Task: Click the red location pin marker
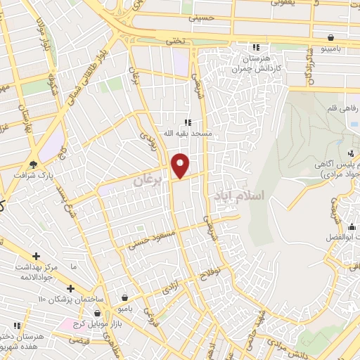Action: [x=181, y=165]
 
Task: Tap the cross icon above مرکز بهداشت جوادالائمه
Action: [x=36, y=255]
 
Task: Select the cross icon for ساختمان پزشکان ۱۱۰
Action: [x=70, y=288]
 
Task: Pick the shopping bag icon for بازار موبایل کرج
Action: [x=98, y=312]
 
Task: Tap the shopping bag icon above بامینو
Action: [x=330, y=37]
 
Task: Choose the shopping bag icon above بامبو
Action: [x=124, y=298]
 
